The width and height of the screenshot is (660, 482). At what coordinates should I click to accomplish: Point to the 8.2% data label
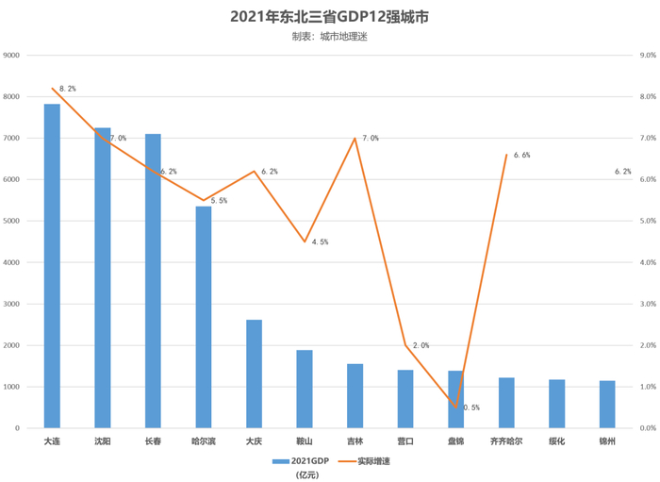pos(68,89)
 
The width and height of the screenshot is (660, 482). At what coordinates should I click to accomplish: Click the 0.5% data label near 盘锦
pos(470,407)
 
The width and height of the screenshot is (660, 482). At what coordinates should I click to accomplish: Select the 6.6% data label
pos(521,155)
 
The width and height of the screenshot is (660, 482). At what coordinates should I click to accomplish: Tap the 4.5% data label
pos(320,242)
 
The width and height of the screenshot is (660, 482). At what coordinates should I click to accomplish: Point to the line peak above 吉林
pos(355,139)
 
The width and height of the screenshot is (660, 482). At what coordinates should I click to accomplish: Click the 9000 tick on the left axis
pos(12,55)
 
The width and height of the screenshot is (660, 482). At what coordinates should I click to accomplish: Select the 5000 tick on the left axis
pos(12,221)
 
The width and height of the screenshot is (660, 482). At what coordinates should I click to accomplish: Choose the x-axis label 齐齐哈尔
pos(506,440)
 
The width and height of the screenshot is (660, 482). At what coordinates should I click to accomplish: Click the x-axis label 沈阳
pos(103,440)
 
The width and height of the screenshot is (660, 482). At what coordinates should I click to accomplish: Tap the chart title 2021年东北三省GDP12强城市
pos(329,17)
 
